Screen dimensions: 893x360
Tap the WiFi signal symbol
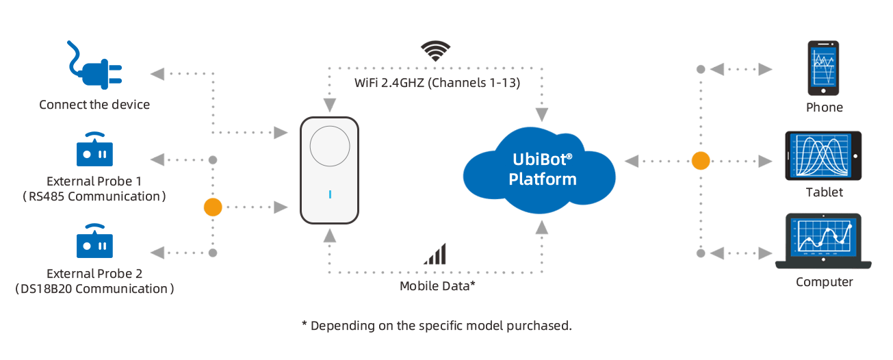tap(435, 51)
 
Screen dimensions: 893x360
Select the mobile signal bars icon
tap(435, 254)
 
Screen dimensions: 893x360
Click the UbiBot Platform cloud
tap(539, 170)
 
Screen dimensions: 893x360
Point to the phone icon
tap(823, 68)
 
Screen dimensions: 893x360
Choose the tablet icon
tap(823, 156)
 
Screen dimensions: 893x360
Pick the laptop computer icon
tap(823, 241)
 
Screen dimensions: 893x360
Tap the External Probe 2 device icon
tap(94, 241)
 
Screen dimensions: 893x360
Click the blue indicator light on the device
tap(330, 194)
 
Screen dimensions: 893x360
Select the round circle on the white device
tap(330, 146)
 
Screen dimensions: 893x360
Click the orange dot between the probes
tap(213, 207)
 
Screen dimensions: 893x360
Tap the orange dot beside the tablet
tap(701, 161)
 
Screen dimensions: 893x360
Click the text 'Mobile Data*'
tap(437, 286)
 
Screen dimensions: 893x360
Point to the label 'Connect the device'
tap(94, 105)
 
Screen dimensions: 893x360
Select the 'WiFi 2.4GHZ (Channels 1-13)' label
tap(437, 83)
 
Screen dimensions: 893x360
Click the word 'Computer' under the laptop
tap(825, 282)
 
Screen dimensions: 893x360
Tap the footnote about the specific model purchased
tap(437, 326)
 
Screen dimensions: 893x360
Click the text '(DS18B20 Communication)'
tap(94, 289)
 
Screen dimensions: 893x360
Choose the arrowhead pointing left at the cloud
tap(632, 162)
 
